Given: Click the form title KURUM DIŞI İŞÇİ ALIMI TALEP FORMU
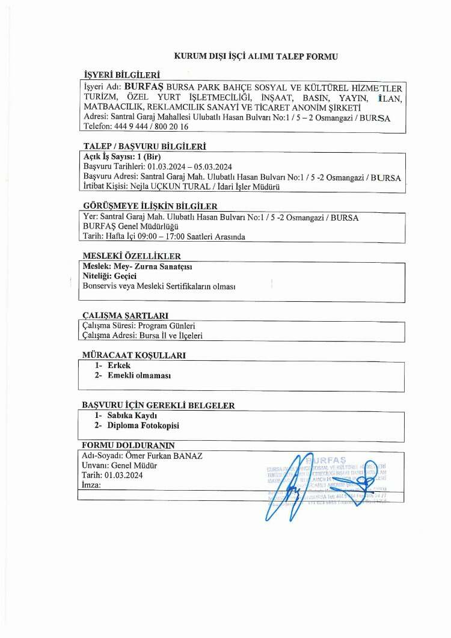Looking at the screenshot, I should point(256,57).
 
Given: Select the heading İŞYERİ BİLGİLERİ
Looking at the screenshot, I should point(122,76).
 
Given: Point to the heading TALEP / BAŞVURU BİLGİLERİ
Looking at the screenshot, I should point(144,146).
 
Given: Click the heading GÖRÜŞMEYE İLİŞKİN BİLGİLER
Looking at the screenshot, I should point(149,206).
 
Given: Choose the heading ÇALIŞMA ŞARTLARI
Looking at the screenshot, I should point(124,315).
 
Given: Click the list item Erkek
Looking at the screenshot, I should point(119,365).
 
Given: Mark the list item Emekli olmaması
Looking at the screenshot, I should point(140,375).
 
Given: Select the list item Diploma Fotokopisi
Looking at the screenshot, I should point(143,426).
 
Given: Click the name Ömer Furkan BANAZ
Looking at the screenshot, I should point(164,456).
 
